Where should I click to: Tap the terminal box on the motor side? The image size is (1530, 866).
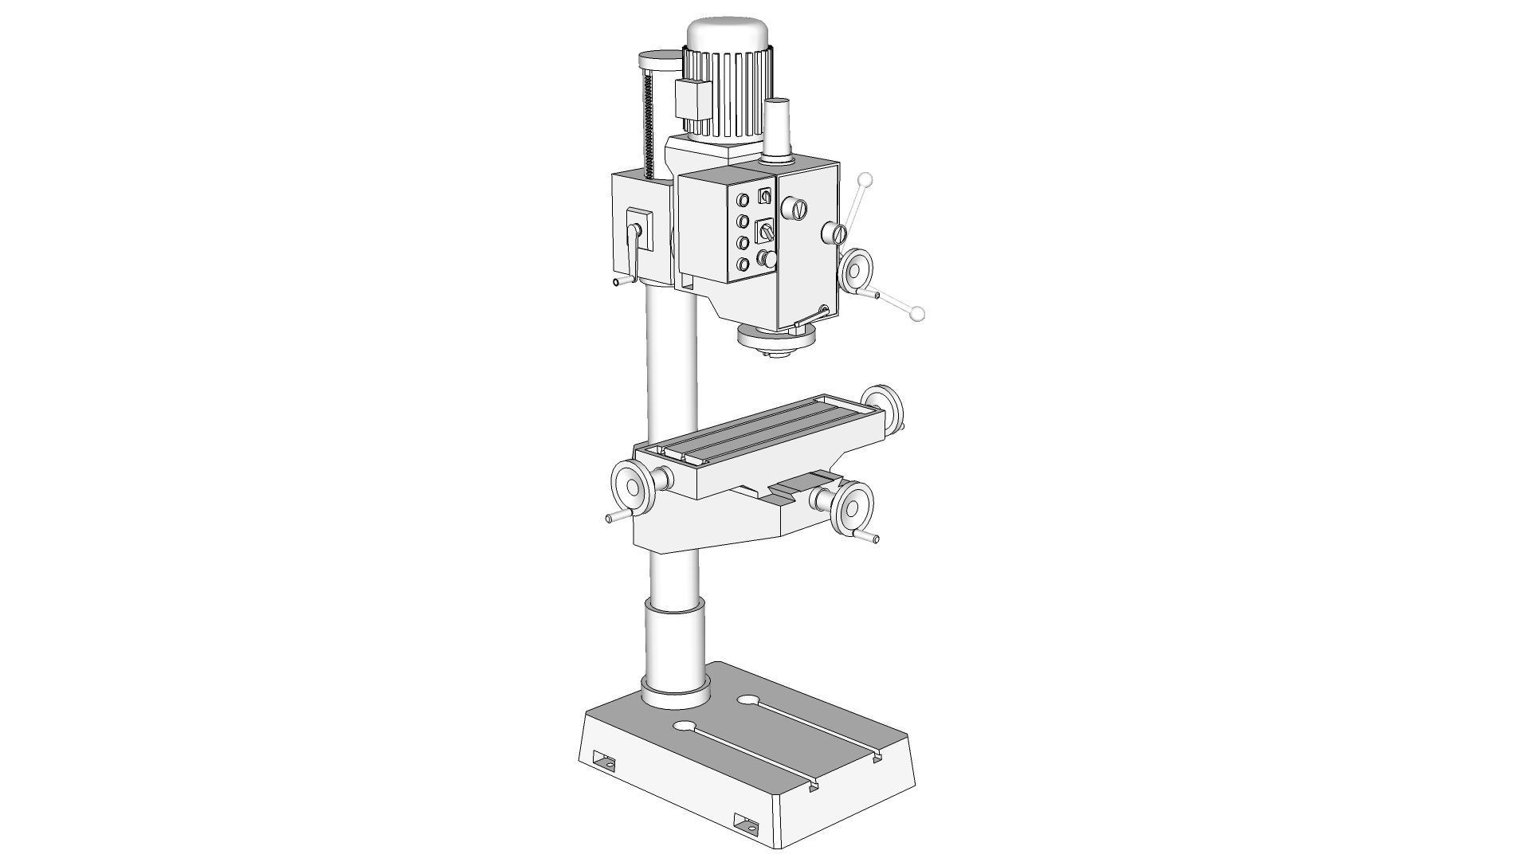point(692,99)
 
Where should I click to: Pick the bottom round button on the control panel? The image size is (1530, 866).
point(743,264)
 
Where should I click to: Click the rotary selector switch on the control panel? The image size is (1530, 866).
point(766,231)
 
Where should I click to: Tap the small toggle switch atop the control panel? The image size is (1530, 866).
point(765,195)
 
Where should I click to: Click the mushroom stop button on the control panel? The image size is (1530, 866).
point(767,258)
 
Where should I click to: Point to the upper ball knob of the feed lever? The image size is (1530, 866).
point(866,180)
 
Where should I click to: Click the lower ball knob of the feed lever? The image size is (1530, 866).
point(918,314)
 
